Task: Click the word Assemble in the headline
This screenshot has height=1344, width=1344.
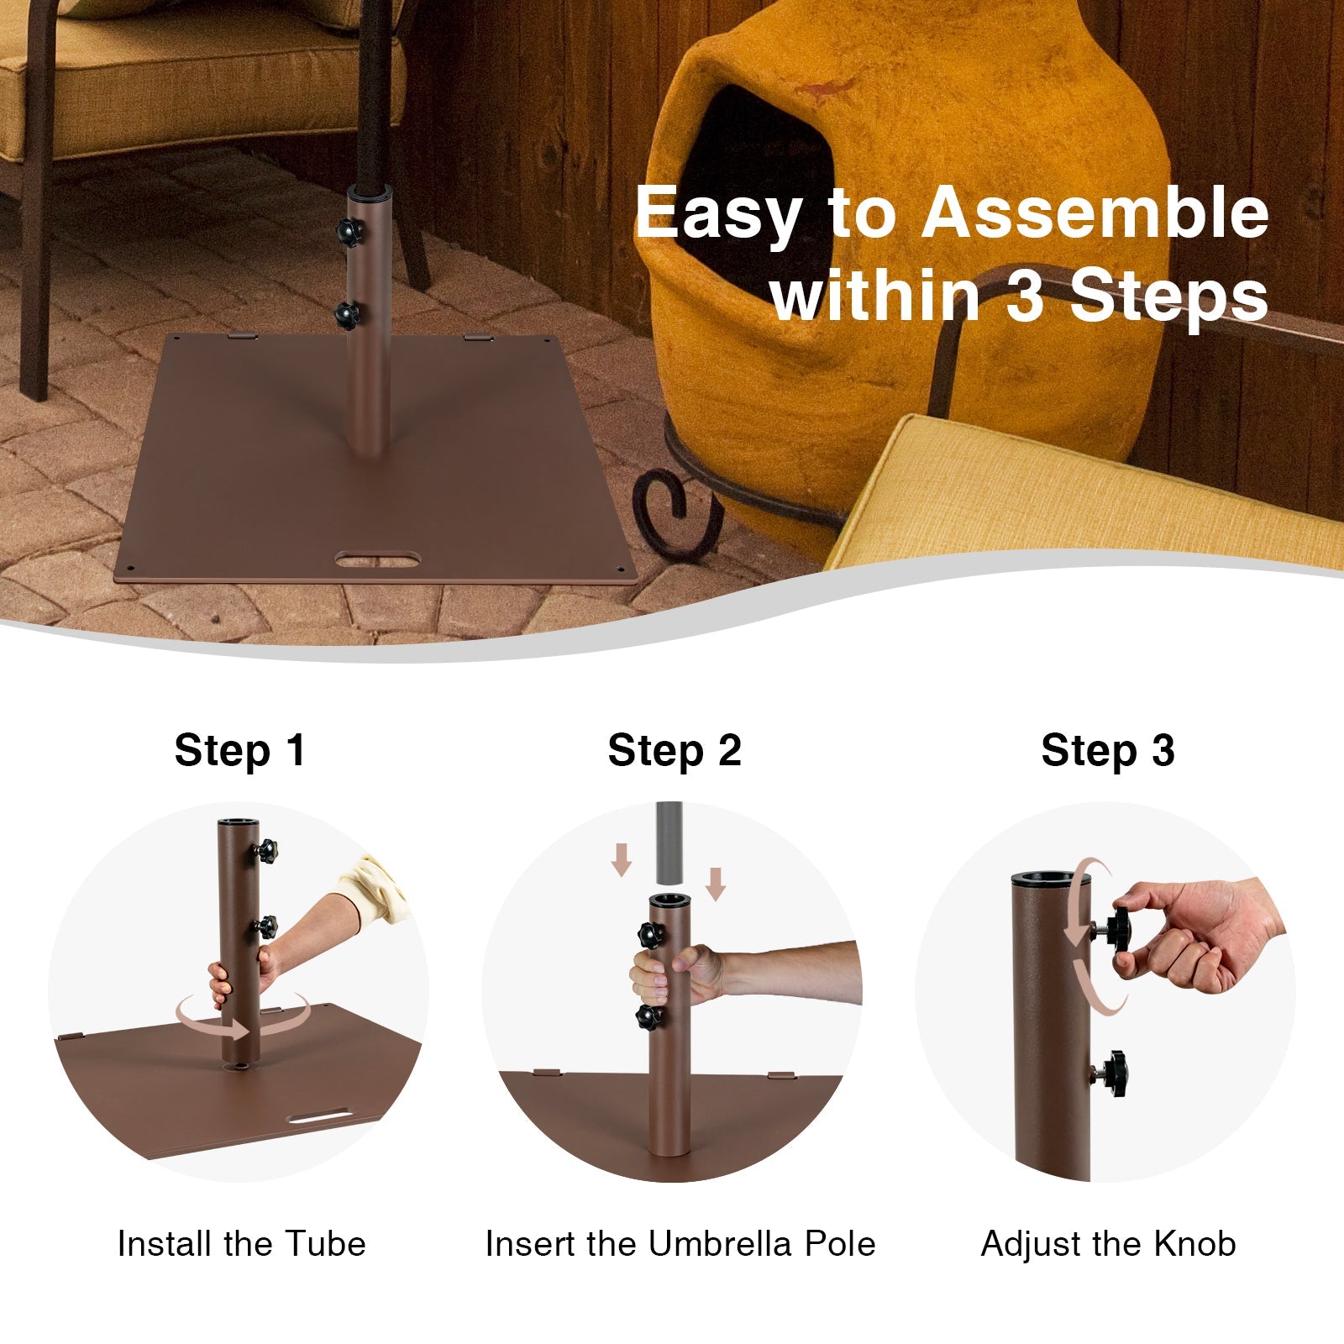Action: coord(1095,213)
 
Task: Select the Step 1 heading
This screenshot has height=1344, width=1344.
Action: coord(239,750)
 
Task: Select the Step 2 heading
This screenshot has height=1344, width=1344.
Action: coord(675,750)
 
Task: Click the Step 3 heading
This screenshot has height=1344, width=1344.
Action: coord(1108,750)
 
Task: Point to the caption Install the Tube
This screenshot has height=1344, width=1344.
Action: coord(241,1244)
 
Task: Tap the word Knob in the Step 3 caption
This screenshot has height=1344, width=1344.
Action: coord(1194,1244)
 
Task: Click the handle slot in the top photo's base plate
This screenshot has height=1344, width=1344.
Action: coord(377,559)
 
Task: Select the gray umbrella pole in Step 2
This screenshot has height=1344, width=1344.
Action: coord(669,843)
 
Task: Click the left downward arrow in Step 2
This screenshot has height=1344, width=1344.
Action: coord(622,859)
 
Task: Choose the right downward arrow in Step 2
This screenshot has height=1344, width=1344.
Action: coord(716,884)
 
